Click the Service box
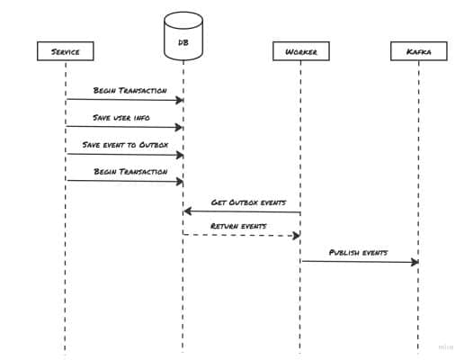click(65, 51)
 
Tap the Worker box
click(300, 51)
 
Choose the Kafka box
click(418, 51)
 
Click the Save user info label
click(124, 118)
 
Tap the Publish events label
click(359, 253)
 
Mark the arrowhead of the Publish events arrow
click(415, 262)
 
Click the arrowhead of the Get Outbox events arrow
click(188, 211)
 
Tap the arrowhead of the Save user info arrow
click(179, 127)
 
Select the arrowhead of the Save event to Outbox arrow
click(179, 154)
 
